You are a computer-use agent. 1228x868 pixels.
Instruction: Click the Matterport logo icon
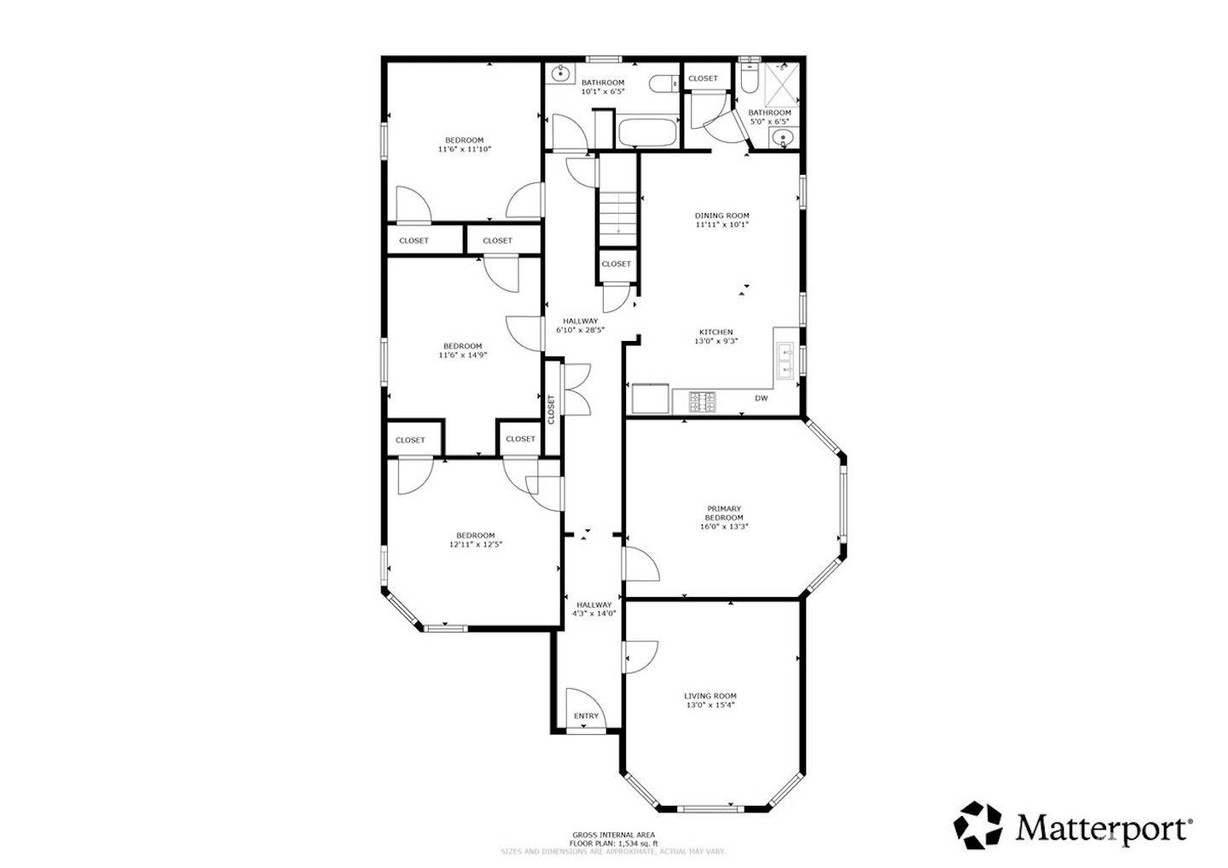[979, 825]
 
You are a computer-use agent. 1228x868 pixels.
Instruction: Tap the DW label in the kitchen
[761, 398]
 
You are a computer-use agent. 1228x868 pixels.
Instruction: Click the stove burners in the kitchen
[703, 401]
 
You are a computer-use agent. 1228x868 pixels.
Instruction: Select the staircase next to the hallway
[617, 212]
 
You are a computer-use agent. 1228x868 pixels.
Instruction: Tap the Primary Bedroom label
[723, 509]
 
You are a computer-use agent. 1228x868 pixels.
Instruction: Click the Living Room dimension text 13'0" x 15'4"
[710, 705]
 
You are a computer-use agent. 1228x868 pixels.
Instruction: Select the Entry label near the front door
[586, 716]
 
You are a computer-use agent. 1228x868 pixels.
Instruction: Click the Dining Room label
[721, 216]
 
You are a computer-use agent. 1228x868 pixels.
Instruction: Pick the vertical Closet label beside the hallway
[552, 409]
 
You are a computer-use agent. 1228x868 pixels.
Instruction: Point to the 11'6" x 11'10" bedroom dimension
[464, 149]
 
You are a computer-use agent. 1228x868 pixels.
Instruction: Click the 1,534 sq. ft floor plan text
[613, 843]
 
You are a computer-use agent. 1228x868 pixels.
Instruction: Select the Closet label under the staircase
[616, 264]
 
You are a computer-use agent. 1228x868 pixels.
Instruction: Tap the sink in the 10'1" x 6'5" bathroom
[559, 74]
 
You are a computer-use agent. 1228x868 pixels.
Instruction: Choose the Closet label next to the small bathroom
[703, 78]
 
